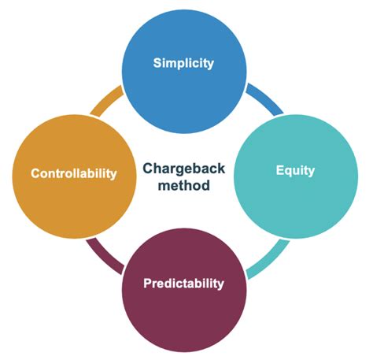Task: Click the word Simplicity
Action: click(183, 64)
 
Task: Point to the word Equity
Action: click(295, 169)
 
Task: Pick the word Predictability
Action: click(183, 283)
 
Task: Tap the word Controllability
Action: click(73, 173)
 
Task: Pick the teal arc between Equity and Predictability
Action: click(264, 259)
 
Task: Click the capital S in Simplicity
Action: click(157, 63)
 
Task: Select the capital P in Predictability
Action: click(147, 282)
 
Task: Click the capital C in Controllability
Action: click(35, 173)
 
